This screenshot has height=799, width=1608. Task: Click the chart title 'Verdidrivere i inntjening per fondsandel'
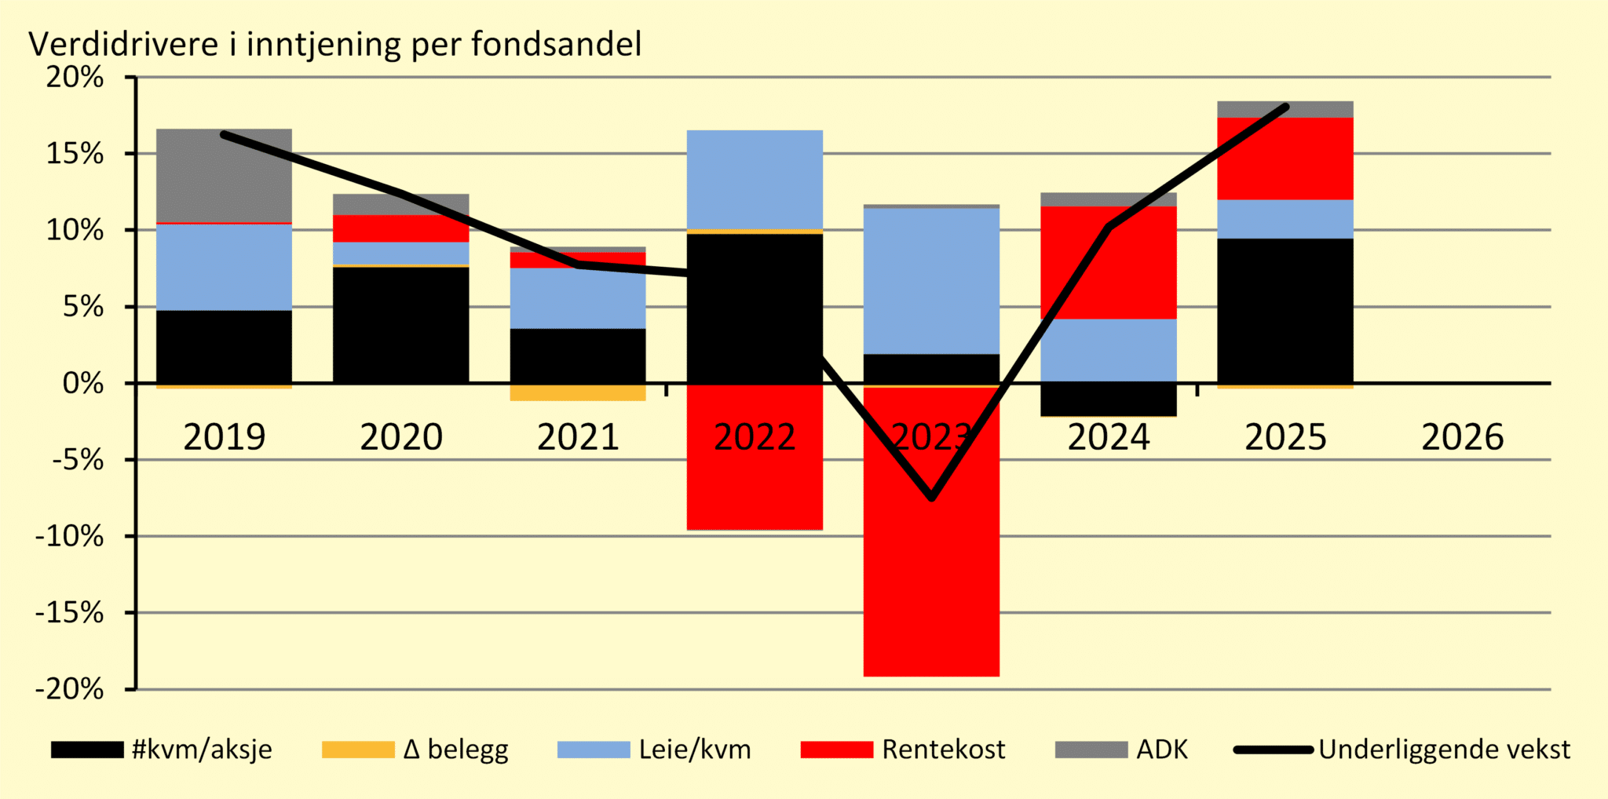click(335, 45)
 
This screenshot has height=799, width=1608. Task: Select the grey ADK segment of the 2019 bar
click(224, 175)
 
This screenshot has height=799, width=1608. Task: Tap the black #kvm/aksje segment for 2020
click(400, 325)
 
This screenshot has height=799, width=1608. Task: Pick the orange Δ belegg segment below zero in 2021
click(578, 392)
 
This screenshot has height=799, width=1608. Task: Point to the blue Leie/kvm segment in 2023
click(931, 281)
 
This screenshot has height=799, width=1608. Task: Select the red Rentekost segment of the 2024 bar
click(1109, 262)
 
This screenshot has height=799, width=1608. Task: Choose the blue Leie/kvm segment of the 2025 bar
click(1285, 219)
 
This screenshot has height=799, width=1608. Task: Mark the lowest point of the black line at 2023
click(932, 497)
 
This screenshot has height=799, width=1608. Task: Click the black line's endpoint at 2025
click(1285, 107)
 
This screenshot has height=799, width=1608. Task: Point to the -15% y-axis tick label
click(69, 613)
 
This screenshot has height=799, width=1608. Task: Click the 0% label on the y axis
click(82, 384)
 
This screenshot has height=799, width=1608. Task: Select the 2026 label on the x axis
click(1462, 437)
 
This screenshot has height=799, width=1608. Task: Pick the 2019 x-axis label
click(225, 437)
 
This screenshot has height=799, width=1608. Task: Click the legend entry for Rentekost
click(903, 750)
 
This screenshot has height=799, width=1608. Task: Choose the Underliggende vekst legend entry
click(1402, 750)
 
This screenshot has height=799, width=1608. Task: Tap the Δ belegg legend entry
click(415, 750)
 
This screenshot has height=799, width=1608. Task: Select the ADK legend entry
click(1122, 750)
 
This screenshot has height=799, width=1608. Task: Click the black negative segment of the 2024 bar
click(1109, 399)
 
